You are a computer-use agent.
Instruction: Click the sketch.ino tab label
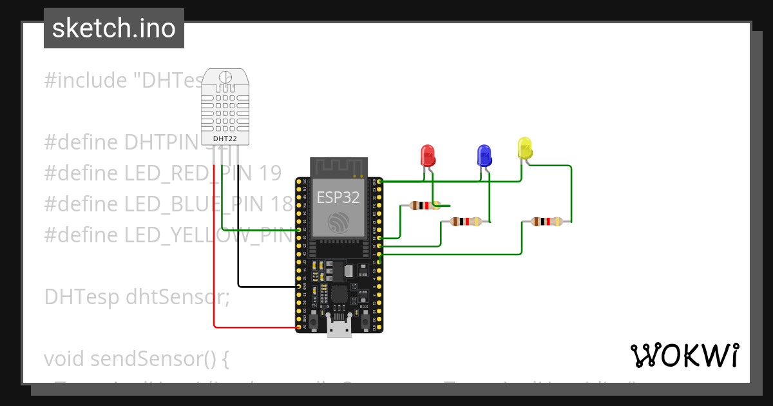point(113,28)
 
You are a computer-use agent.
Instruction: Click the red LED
point(427,155)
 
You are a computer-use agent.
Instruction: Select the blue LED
point(484,155)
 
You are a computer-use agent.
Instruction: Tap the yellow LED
point(525,148)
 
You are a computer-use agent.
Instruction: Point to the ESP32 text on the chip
point(338,197)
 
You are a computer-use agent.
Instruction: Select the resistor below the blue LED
point(466,222)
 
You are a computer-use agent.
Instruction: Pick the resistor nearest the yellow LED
point(546,222)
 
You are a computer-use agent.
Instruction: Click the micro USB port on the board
point(339,327)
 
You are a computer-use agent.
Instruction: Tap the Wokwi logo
point(684,355)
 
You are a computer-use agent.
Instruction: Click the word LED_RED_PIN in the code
point(174,173)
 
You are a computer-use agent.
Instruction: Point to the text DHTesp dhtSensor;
point(137,297)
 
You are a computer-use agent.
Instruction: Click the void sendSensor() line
point(137,358)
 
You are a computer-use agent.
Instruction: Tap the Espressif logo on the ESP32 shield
point(338,222)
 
